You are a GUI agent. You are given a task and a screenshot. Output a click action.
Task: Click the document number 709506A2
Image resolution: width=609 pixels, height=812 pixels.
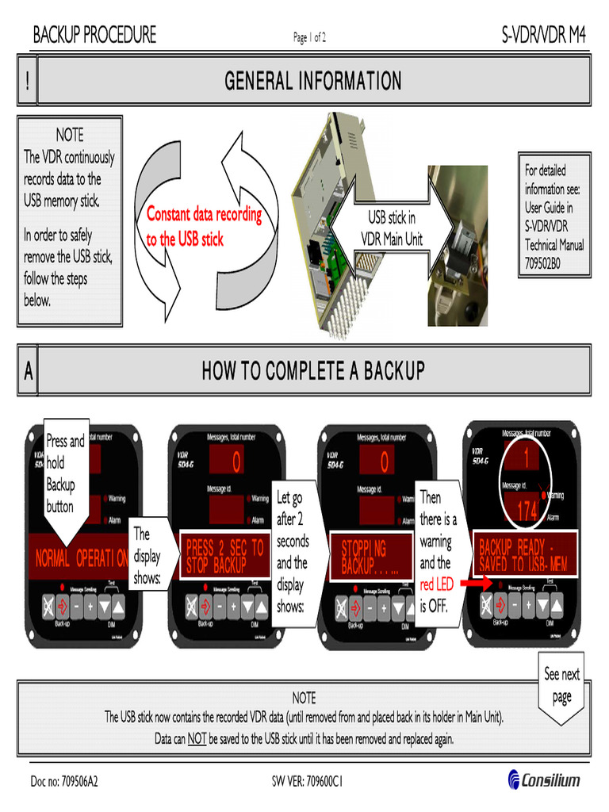[x=64, y=781]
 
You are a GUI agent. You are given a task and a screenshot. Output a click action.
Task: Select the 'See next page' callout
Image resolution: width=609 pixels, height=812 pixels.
[x=561, y=685]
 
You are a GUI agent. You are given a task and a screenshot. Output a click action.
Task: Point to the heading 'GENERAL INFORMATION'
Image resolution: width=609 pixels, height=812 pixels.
[x=312, y=80]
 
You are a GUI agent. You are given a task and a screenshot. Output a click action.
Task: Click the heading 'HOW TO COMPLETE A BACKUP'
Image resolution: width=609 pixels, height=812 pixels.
[x=312, y=370]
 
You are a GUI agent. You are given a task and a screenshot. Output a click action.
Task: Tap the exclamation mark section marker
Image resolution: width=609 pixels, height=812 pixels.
[x=27, y=81]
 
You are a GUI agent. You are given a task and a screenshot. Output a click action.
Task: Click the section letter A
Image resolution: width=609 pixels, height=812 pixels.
[x=28, y=371]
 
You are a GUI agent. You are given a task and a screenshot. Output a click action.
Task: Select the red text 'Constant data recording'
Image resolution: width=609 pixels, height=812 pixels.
[x=203, y=216]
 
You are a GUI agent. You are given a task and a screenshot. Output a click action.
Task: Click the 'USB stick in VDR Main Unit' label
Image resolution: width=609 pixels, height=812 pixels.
[x=392, y=228]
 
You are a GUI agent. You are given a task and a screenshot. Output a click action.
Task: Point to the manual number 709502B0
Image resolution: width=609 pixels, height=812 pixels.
[x=542, y=264]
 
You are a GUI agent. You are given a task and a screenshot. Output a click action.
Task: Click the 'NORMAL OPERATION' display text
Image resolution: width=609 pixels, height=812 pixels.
[x=81, y=557]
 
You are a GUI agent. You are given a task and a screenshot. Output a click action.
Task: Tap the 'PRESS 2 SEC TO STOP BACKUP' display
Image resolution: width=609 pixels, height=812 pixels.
[x=224, y=556]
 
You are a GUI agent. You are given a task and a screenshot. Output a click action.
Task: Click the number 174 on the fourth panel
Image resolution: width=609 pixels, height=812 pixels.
[x=527, y=512]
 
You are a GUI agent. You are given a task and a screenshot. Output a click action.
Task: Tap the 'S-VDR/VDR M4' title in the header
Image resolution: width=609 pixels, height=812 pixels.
[x=543, y=36]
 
